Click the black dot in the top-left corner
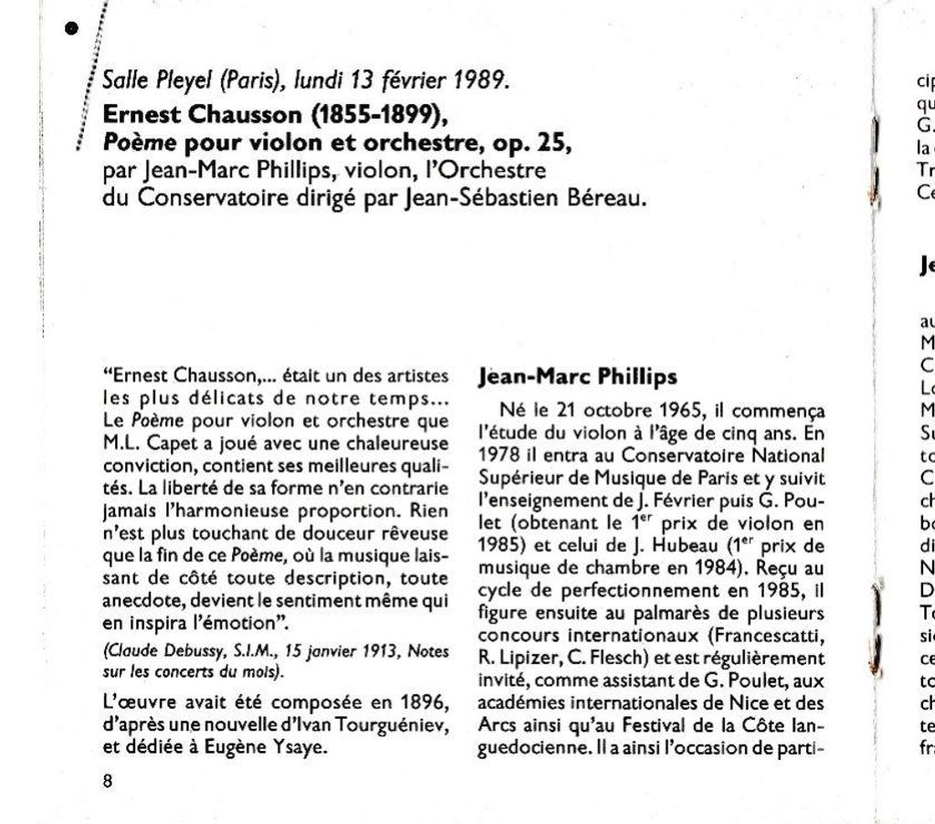[73, 27]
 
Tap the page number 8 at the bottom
[108, 781]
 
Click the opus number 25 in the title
[552, 143]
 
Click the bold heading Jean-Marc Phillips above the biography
[577, 376]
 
